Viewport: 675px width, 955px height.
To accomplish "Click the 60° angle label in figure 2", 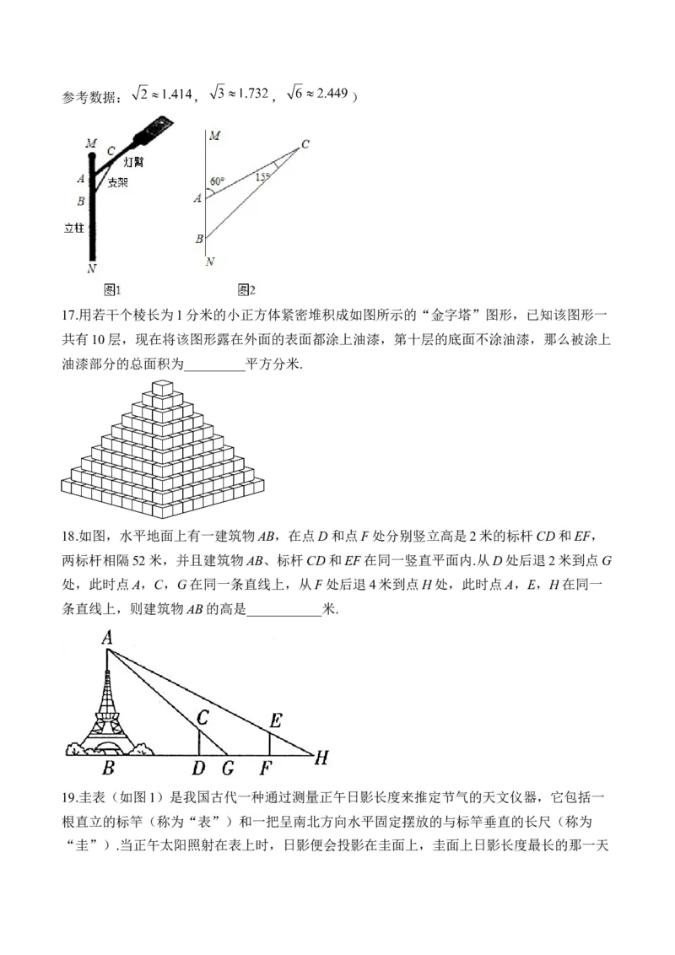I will coord(217,181).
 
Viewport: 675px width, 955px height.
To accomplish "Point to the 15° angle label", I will coord(262,176).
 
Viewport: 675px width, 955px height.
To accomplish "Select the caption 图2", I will coord(246,289).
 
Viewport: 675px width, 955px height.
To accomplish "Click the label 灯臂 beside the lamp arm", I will coord(133,161).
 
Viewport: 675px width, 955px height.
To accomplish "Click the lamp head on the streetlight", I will coord(156,128).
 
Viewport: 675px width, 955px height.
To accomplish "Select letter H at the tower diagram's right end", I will coord(321,758).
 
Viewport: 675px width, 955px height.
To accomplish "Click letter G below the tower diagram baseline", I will coord(227,768).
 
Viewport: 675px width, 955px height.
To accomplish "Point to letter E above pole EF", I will coord(275,720).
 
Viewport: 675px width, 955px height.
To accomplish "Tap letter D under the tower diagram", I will coord(198,768).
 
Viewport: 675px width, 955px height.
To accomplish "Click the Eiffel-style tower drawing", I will coord(108,709).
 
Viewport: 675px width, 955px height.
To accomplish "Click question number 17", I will coord(70,316).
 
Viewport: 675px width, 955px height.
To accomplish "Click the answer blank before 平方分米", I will coord(213,364).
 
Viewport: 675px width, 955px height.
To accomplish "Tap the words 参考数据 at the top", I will coord(89,98).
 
